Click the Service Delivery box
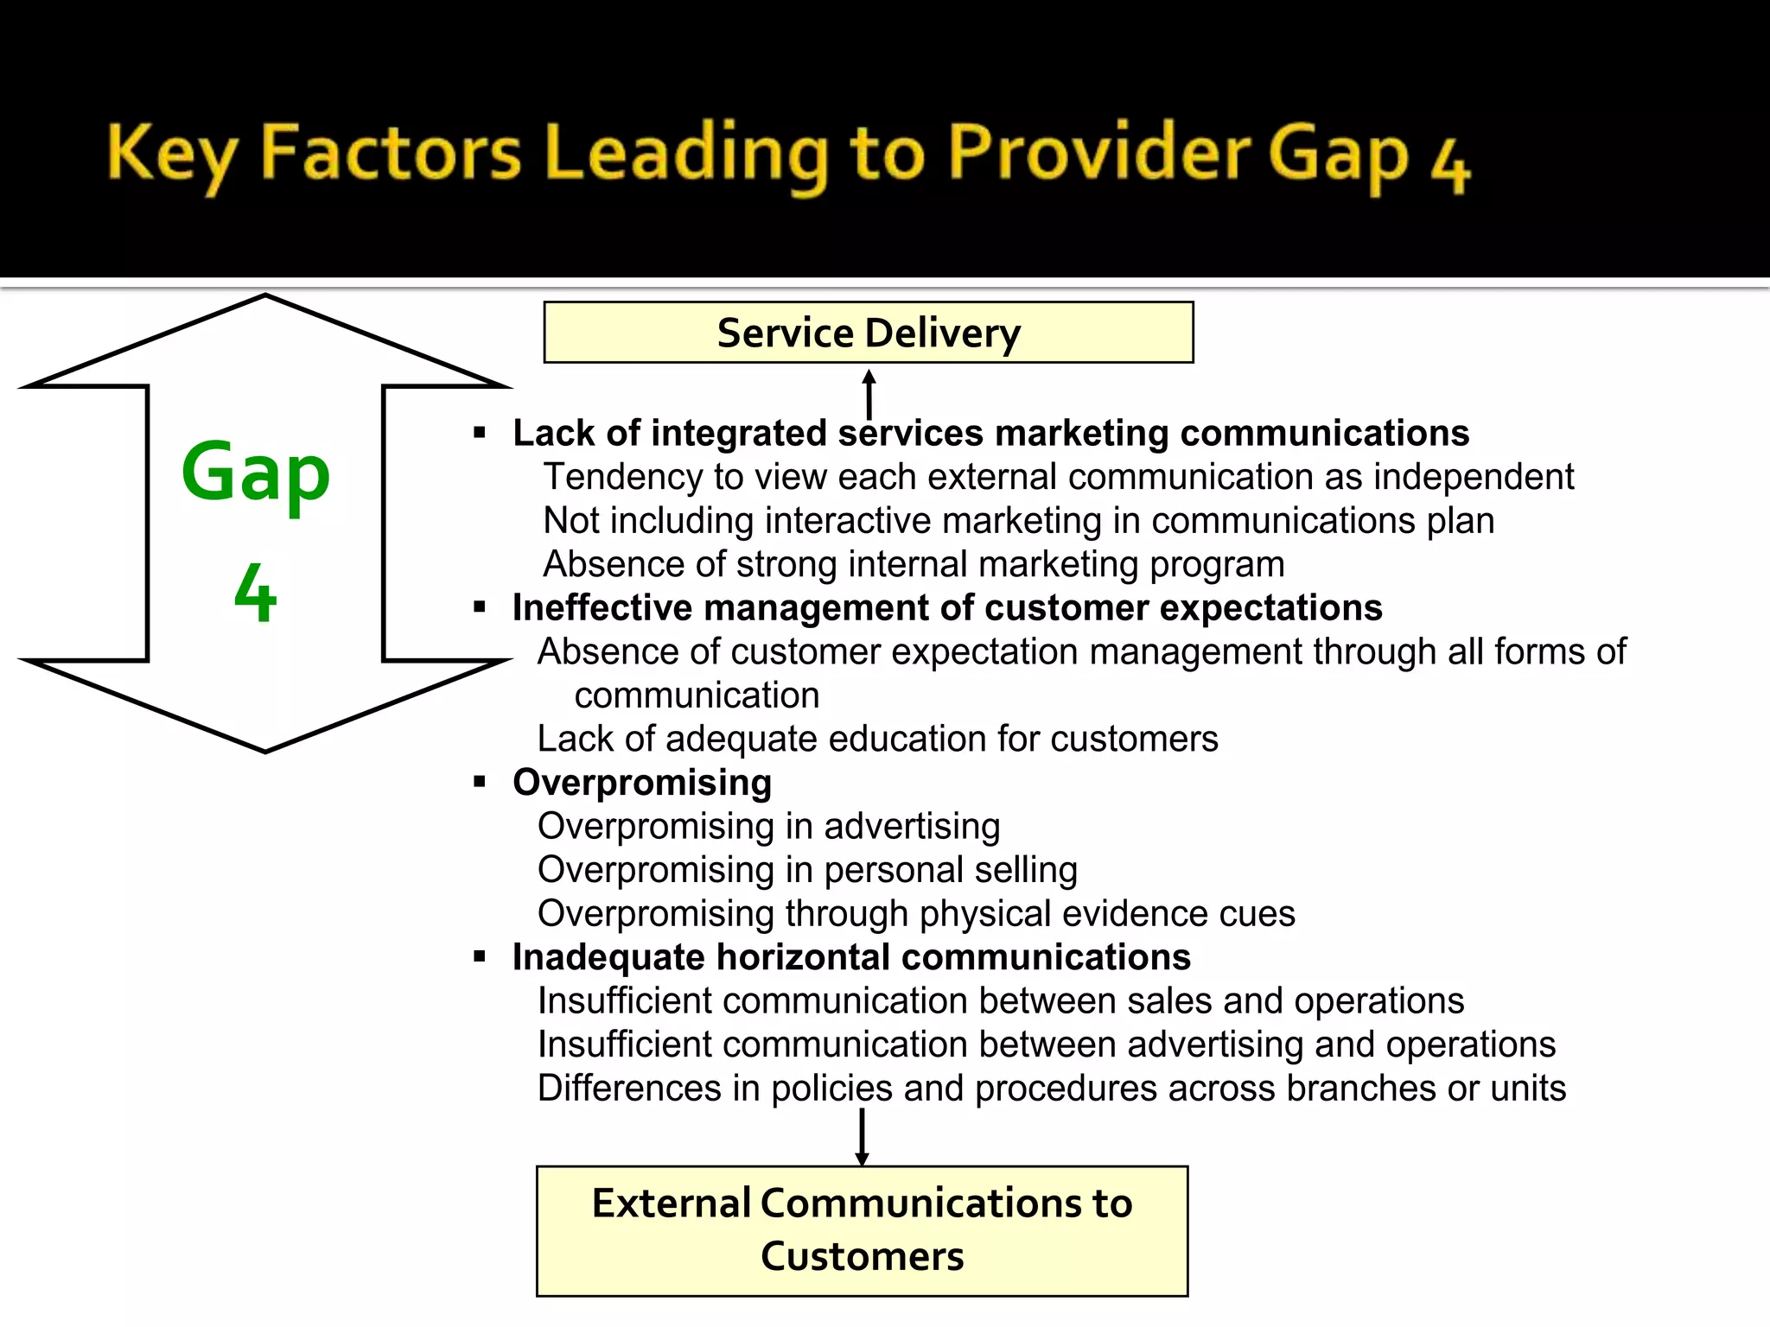point(868,333)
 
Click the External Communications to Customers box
point(862,1230)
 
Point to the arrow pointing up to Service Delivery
point(869,392)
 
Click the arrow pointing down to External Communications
point(862,1137)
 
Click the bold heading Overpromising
point(641,783)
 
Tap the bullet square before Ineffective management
point(480,607)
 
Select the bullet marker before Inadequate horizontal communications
point(480,956)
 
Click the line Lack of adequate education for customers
point(876,740)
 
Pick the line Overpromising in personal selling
point(807,870)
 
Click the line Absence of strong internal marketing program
point(913,564)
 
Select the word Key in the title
point(171,154)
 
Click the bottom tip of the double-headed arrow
point(265,749)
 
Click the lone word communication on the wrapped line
point(697,695)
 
